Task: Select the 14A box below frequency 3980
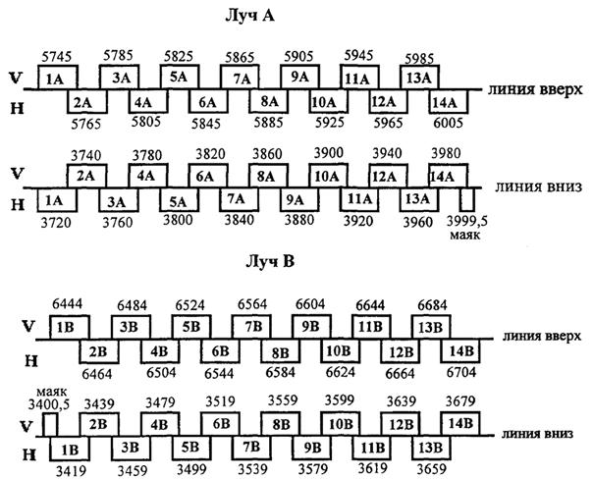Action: [448, 177]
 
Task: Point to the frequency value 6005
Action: [448, 125]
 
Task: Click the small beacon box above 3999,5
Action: [468, 199]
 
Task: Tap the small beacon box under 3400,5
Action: [49, 423]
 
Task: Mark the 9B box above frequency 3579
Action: [312, 449]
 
